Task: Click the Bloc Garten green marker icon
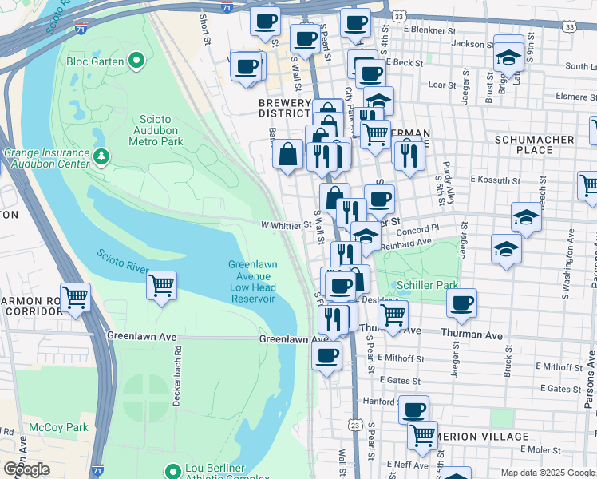coord(136,60)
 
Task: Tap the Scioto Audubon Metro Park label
coord(156,130)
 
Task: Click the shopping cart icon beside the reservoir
coord(161,285)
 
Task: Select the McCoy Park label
coord(58,427)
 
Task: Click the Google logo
coord(26,469)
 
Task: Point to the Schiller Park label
coord(423,284)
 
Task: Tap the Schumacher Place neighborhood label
coord(545,144)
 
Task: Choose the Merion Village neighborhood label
coord(480,437)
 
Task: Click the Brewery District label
coord(284,109)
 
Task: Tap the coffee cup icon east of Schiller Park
coord(461,303)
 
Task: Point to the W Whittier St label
coord(287,225)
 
